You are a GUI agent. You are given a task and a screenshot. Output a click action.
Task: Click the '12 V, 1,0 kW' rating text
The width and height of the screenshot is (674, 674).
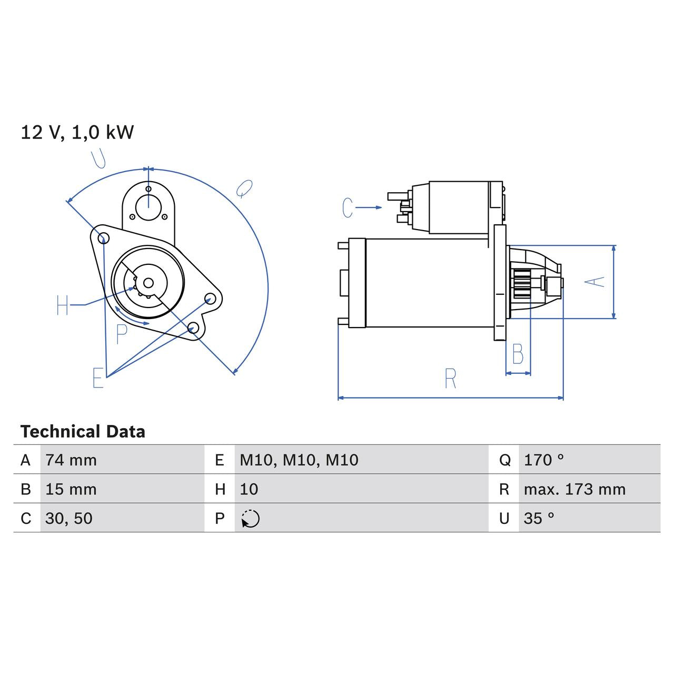(77, 132)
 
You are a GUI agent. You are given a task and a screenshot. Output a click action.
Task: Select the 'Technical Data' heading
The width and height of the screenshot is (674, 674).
(83, 432)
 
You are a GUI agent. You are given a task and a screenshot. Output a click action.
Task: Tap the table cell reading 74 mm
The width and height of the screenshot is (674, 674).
(71, 460)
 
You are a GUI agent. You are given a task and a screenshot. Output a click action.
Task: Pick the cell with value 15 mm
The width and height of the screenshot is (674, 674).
(71, 489)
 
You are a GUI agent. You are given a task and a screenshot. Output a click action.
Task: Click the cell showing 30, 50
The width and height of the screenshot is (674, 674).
(69, 518)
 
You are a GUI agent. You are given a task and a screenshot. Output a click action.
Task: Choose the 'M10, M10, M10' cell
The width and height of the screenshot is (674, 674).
(299, 460)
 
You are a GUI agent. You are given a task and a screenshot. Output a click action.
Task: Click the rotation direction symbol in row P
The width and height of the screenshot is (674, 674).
(251, 519)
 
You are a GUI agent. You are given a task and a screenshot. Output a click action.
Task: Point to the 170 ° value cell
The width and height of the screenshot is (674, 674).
(543, 460)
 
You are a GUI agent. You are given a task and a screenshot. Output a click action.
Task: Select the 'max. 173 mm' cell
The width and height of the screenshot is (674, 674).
(574, 489)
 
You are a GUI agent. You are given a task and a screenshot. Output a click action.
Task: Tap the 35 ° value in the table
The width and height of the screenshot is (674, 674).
(539, 518)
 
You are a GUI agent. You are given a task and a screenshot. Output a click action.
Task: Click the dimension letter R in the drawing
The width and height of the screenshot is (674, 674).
(450, 379)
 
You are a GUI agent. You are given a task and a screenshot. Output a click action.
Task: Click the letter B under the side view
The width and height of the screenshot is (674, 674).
(518, 354)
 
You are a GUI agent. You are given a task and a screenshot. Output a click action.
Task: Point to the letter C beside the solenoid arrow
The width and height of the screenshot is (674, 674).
(348, 207)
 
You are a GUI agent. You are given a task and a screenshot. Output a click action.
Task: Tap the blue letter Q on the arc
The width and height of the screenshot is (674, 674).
(244, 188)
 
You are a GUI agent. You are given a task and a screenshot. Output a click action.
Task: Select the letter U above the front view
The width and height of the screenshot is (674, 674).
(98, 158)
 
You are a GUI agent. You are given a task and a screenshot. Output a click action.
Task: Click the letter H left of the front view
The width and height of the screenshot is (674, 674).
(63, 305)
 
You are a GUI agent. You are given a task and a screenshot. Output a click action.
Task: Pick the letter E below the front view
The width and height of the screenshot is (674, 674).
(98, 378)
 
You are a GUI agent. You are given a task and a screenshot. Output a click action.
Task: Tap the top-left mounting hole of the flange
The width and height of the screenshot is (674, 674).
(103, 238)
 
